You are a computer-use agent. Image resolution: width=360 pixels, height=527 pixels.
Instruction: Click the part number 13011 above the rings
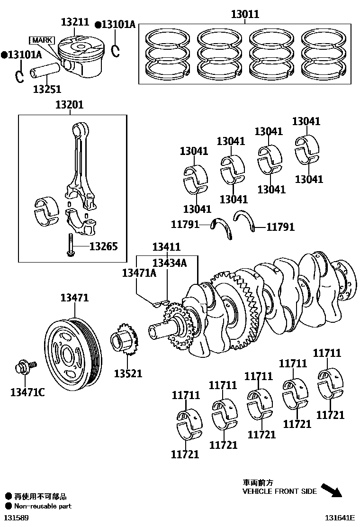coord(245,14)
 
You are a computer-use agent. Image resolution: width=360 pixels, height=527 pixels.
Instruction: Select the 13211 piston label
coord(75,22)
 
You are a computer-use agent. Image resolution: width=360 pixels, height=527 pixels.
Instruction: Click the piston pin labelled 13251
coord(45,71)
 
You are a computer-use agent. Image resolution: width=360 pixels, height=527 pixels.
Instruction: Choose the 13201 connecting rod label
coord(69,105)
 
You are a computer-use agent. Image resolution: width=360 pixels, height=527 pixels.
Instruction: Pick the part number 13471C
coord(27,392)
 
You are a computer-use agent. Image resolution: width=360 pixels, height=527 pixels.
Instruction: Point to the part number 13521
coord(128,373)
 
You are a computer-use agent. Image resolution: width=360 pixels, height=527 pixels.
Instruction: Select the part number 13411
coord(166,246)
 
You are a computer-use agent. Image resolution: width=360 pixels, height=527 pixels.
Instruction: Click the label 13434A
coord(170,263)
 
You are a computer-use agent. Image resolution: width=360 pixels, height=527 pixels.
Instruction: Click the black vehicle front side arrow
coord(331,489)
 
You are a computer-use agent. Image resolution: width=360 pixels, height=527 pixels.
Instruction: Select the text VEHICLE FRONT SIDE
coord(279,491)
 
